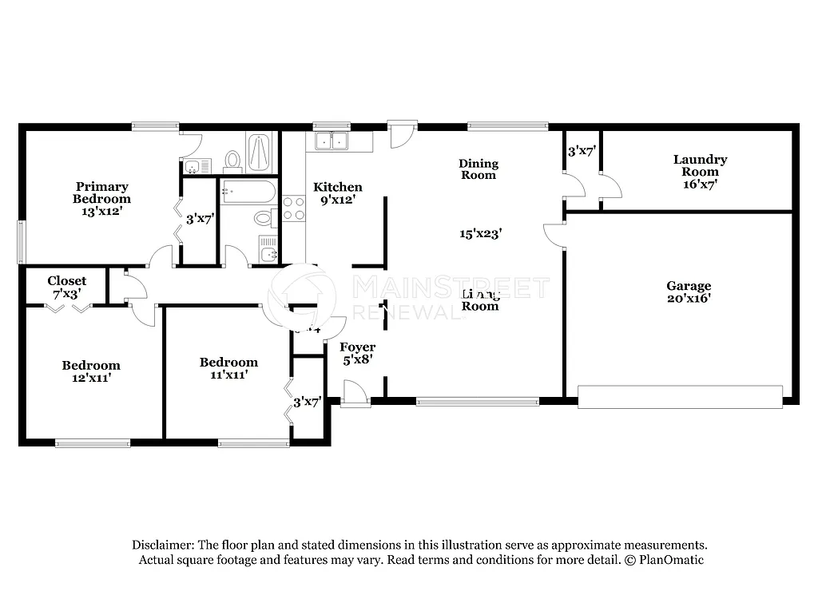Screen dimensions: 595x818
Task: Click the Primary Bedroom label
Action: (101, 199)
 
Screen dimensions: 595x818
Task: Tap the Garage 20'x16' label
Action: (689, 292)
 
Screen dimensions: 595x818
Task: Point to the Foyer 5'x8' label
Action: (357, 353)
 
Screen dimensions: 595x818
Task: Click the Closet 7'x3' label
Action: (66, 288)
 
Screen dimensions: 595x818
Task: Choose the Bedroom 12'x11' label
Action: (91, 371)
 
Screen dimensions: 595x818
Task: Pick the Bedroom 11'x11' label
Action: (228, 368)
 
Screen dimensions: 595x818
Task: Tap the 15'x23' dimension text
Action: (480, 234)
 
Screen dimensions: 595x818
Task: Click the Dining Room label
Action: (478, 169)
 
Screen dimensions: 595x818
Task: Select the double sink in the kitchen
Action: (332, 141)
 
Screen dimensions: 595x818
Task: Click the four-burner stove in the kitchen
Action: (293, 208)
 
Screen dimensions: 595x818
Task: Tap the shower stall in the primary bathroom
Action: (259, 152)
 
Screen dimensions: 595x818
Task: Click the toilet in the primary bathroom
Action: (233, 161)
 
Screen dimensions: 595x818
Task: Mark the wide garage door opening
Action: (680, 397)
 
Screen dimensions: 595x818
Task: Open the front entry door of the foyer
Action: (355, 392)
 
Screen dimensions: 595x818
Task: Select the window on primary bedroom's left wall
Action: (21, 242)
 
